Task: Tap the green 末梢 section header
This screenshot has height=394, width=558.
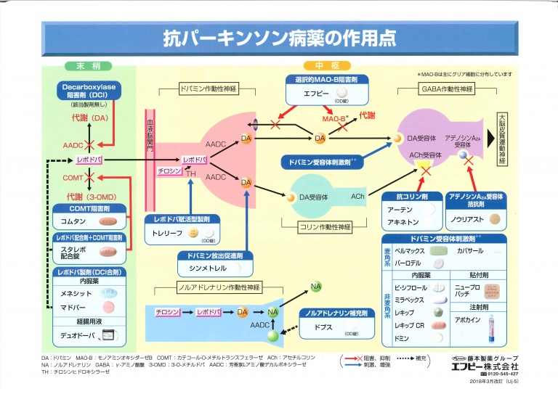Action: [x=83, y=66]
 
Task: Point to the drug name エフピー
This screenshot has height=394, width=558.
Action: [x=314, y=94]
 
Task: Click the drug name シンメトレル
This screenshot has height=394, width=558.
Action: [x=209, y=269]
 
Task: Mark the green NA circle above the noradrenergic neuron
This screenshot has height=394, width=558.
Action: [x=316, y=287]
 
